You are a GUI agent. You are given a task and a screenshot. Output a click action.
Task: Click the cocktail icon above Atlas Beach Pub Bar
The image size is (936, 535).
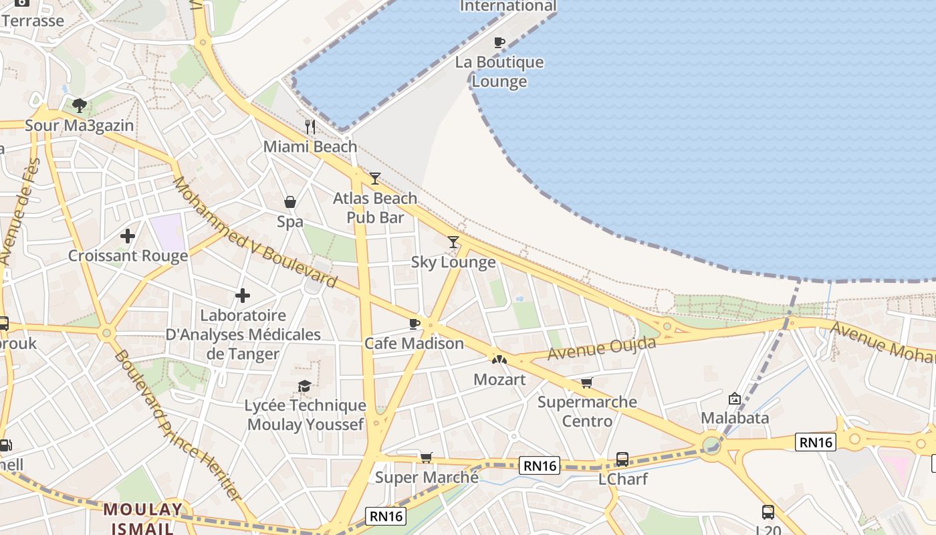(375, 179)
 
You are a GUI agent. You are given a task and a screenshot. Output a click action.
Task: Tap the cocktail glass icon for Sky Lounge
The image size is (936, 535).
(453, 242)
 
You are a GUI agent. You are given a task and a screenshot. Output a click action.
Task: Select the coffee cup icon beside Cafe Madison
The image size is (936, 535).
(415, 324)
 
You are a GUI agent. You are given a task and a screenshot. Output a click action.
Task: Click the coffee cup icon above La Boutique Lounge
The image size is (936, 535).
(499, 43)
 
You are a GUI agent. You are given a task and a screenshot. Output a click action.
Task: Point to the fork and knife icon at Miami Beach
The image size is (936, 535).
(310, 126)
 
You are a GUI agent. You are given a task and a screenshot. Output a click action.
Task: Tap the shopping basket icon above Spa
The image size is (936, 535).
(290, 202)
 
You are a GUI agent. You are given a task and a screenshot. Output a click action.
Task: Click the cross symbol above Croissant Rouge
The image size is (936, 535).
(128, 236)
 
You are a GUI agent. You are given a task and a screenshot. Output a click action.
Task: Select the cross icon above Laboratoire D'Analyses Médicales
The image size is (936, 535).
(243, 295)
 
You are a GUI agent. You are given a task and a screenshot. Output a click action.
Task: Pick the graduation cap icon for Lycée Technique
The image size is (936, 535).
(305, 386)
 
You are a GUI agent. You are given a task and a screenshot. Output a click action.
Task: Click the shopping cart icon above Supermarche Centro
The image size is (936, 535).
(586, 383)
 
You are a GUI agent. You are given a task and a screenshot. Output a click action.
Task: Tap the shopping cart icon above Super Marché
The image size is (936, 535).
(426, 457)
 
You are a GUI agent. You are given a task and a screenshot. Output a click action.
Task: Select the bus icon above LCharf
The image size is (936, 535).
(622, 459)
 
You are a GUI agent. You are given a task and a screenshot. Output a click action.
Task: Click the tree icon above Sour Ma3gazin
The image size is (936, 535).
(80, 105)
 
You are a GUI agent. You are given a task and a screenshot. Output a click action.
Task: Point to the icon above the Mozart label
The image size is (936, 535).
(499, 360)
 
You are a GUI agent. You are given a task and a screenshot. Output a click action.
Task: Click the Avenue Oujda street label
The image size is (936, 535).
(601, 348)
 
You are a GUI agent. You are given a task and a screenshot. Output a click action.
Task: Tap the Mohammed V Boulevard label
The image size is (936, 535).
(254, 232)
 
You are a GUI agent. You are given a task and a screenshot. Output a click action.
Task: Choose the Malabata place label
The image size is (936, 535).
(734, 418)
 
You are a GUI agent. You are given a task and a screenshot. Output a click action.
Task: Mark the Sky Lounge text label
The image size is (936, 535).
(453, 262)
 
